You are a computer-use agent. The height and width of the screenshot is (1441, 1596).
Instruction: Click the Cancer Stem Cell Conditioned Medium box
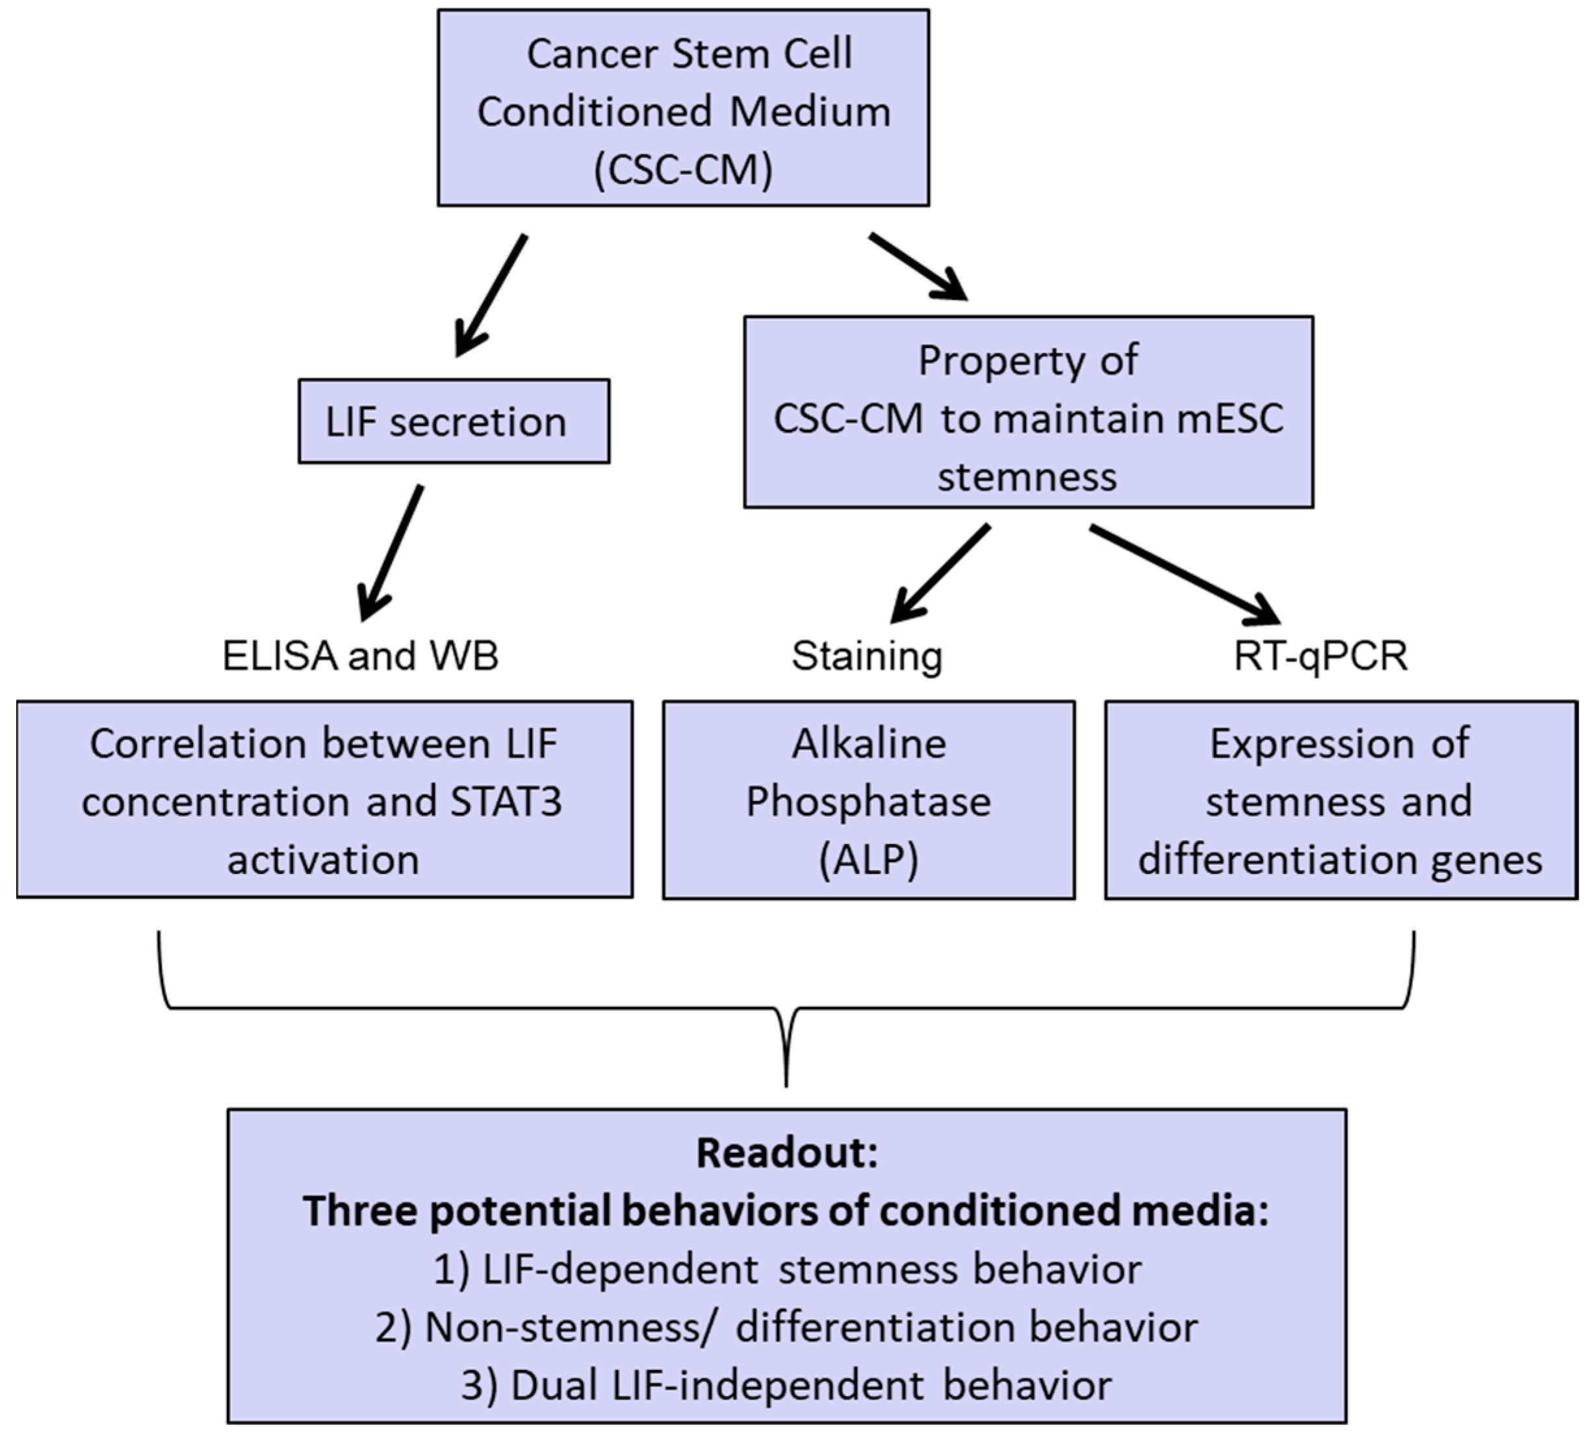(x=683, y=108)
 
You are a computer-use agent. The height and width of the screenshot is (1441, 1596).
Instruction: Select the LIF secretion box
(x=454, y=421)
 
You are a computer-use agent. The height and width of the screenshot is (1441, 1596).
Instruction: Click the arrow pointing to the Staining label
(x=941, y=572)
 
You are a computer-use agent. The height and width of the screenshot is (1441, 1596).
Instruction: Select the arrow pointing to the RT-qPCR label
(x=1185, y=575)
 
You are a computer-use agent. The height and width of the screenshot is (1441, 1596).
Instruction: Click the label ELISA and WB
(x=360, y=656)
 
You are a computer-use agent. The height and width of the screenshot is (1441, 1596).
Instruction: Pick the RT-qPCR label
(x=1320, y=656)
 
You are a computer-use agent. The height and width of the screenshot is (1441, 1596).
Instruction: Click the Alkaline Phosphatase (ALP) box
(x=868, y=800)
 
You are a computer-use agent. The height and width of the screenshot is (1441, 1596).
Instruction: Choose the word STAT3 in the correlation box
(x=506, y=801)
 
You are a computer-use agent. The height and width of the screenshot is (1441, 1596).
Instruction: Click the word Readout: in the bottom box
(x=786, y=1153)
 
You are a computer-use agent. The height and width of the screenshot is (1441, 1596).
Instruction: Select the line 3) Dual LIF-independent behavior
(x=786, y=1386)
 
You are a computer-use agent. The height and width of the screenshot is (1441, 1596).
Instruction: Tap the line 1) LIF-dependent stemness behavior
(x=786, y=1269)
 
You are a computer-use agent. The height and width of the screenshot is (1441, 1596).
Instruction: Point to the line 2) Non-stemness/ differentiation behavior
(x=786, y=1328)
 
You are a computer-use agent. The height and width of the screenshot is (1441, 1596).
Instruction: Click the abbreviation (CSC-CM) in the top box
(x=683, y=168)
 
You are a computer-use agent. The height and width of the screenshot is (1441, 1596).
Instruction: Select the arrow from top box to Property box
(x=918, y=267)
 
